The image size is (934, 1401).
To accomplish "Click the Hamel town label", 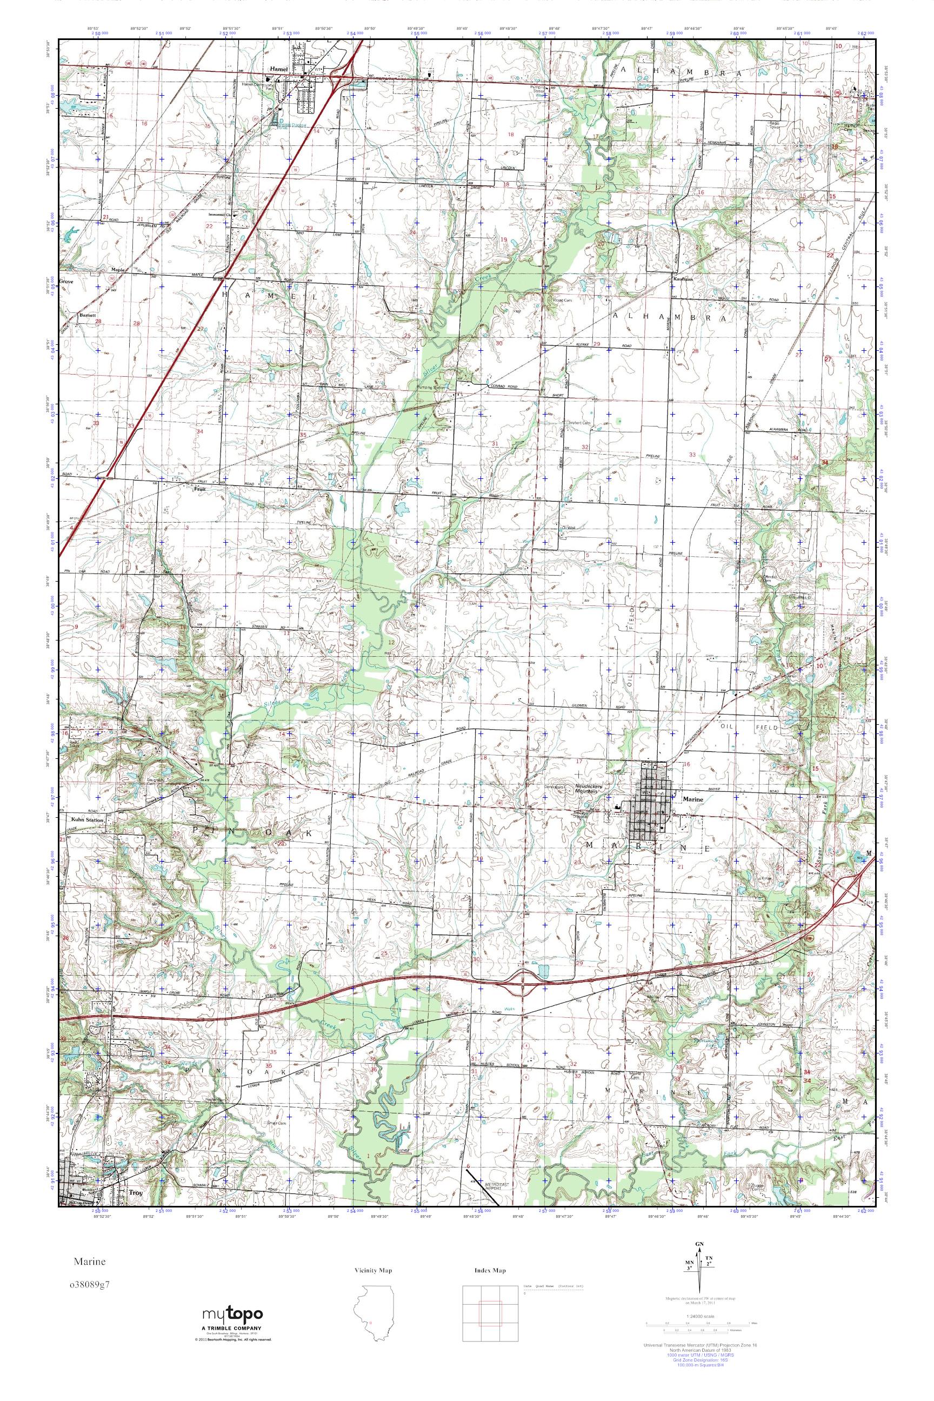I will [278, 69].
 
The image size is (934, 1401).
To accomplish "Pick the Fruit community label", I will [199, 487].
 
